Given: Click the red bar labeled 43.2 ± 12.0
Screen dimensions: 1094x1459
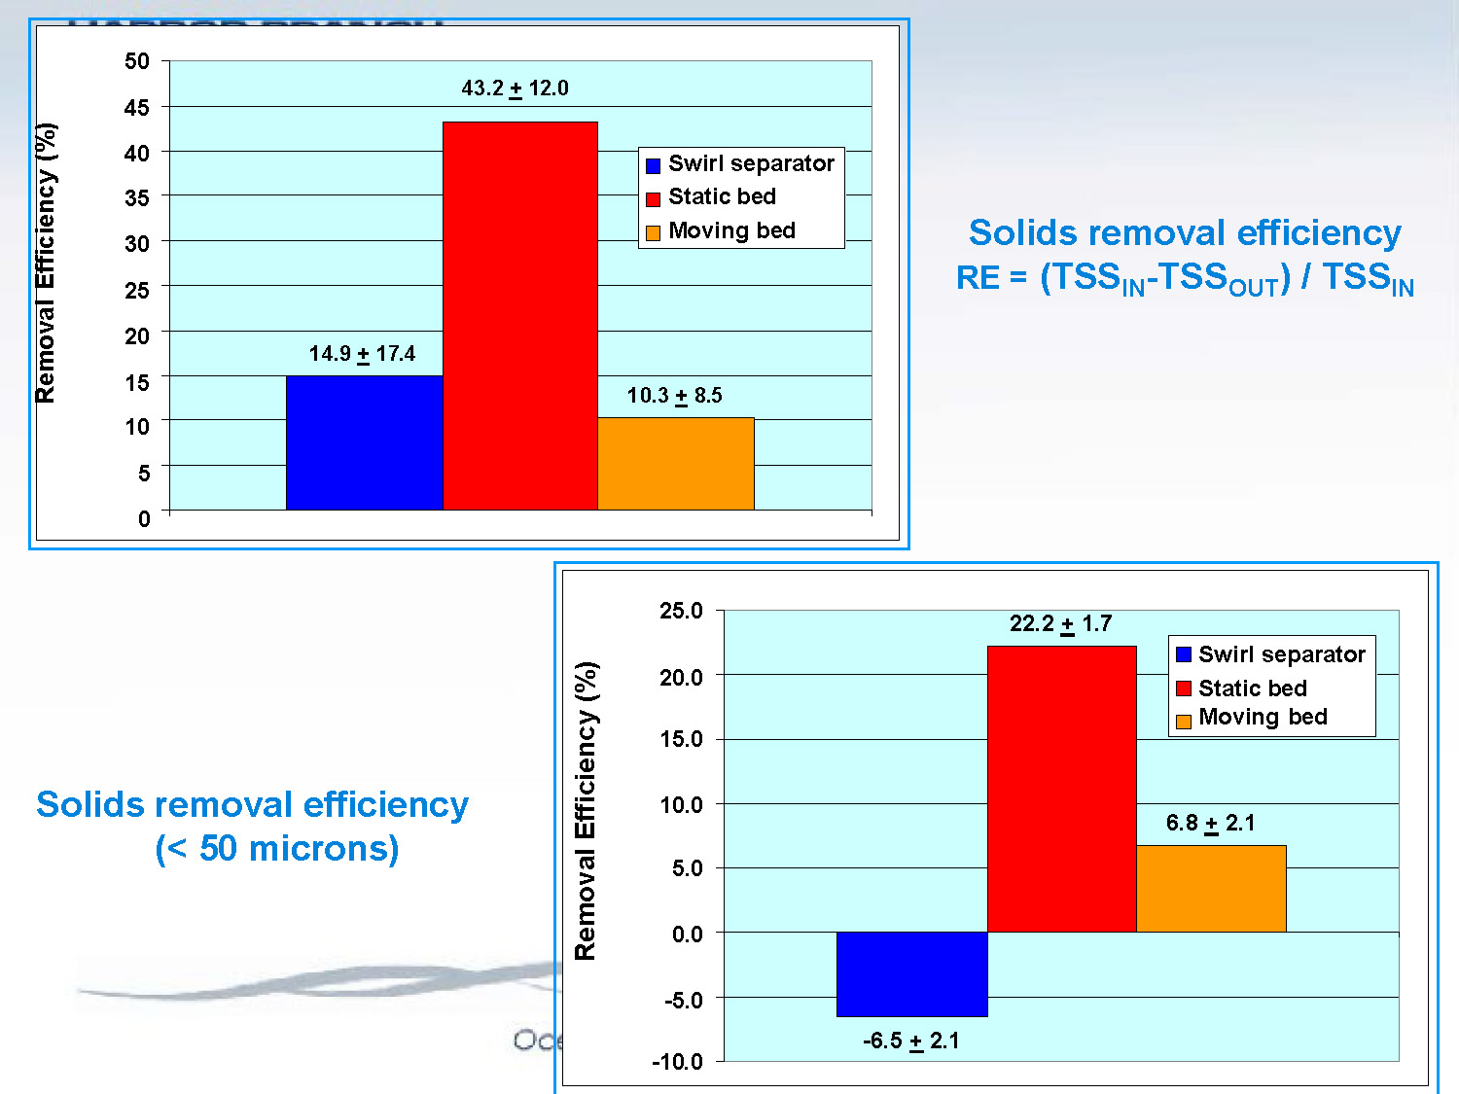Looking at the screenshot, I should (519, 315).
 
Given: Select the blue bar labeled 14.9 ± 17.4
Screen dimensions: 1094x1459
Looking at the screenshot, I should (364, 442).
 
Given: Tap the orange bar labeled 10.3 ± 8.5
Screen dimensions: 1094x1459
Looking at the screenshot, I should (676, 464).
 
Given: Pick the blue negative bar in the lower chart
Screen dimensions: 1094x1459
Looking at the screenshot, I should (911, 974).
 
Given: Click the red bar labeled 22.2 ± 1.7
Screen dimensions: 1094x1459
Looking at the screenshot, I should (1061, 789).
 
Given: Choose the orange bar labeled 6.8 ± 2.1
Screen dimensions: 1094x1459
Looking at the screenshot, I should (1211, 889).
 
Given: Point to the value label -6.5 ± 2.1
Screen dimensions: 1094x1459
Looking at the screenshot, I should (910, 1041).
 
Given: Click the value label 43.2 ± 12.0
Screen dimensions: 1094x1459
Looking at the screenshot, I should (515, 88).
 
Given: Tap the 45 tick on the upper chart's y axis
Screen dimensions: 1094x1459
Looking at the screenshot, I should (137, 107).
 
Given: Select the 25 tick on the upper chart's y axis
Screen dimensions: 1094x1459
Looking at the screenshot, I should (137, 290).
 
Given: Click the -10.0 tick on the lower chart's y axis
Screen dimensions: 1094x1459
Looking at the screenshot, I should (677, 1062).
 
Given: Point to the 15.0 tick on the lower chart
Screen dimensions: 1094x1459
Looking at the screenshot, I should (681, 739).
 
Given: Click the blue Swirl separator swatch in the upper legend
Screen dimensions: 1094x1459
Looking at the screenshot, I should (654, 165).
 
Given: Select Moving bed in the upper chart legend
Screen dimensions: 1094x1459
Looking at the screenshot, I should (731, 231).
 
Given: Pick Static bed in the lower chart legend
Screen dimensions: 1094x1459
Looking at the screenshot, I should (1252, 688).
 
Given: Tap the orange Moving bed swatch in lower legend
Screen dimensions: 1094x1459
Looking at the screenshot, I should (1184, 722).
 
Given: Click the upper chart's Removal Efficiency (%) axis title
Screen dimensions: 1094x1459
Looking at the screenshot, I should (46, 263).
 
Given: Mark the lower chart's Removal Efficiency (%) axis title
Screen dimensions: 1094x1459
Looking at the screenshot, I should (586, 811).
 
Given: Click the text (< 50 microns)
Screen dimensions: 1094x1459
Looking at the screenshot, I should (277, 849).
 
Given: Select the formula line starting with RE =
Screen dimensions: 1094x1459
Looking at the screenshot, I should (1184, 279).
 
